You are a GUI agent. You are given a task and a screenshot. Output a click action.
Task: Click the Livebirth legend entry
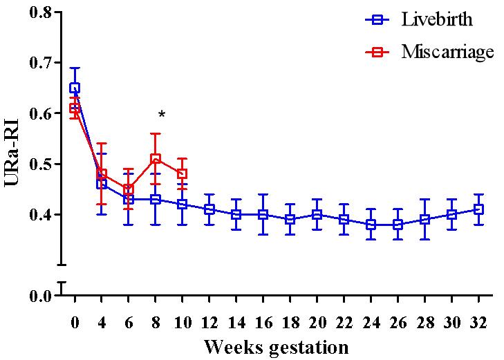[x=429, y=19]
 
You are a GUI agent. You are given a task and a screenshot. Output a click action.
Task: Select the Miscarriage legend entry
[x=429, y=52]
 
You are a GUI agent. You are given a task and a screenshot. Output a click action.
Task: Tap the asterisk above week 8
[x=162, y=115]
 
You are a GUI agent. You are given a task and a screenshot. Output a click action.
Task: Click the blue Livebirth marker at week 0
[x=75, y=88]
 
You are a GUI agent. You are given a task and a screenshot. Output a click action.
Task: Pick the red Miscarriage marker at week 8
[x=156, y=159]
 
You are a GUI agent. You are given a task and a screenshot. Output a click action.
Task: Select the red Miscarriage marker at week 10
[x=183, y=174]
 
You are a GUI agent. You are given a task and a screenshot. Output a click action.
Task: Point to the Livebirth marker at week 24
[x=371, y=225]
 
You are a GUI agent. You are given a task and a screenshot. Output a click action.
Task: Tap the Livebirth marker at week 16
[x=263, y=214]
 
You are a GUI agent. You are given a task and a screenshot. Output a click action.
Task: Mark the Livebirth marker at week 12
[x=209, y=209]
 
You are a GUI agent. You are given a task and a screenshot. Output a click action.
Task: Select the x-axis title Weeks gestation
[x=277, y=345]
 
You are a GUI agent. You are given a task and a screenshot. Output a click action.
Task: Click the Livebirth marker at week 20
[x=317, y=214]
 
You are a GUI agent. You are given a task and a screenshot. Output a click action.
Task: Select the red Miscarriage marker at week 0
[x=75, y=108]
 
